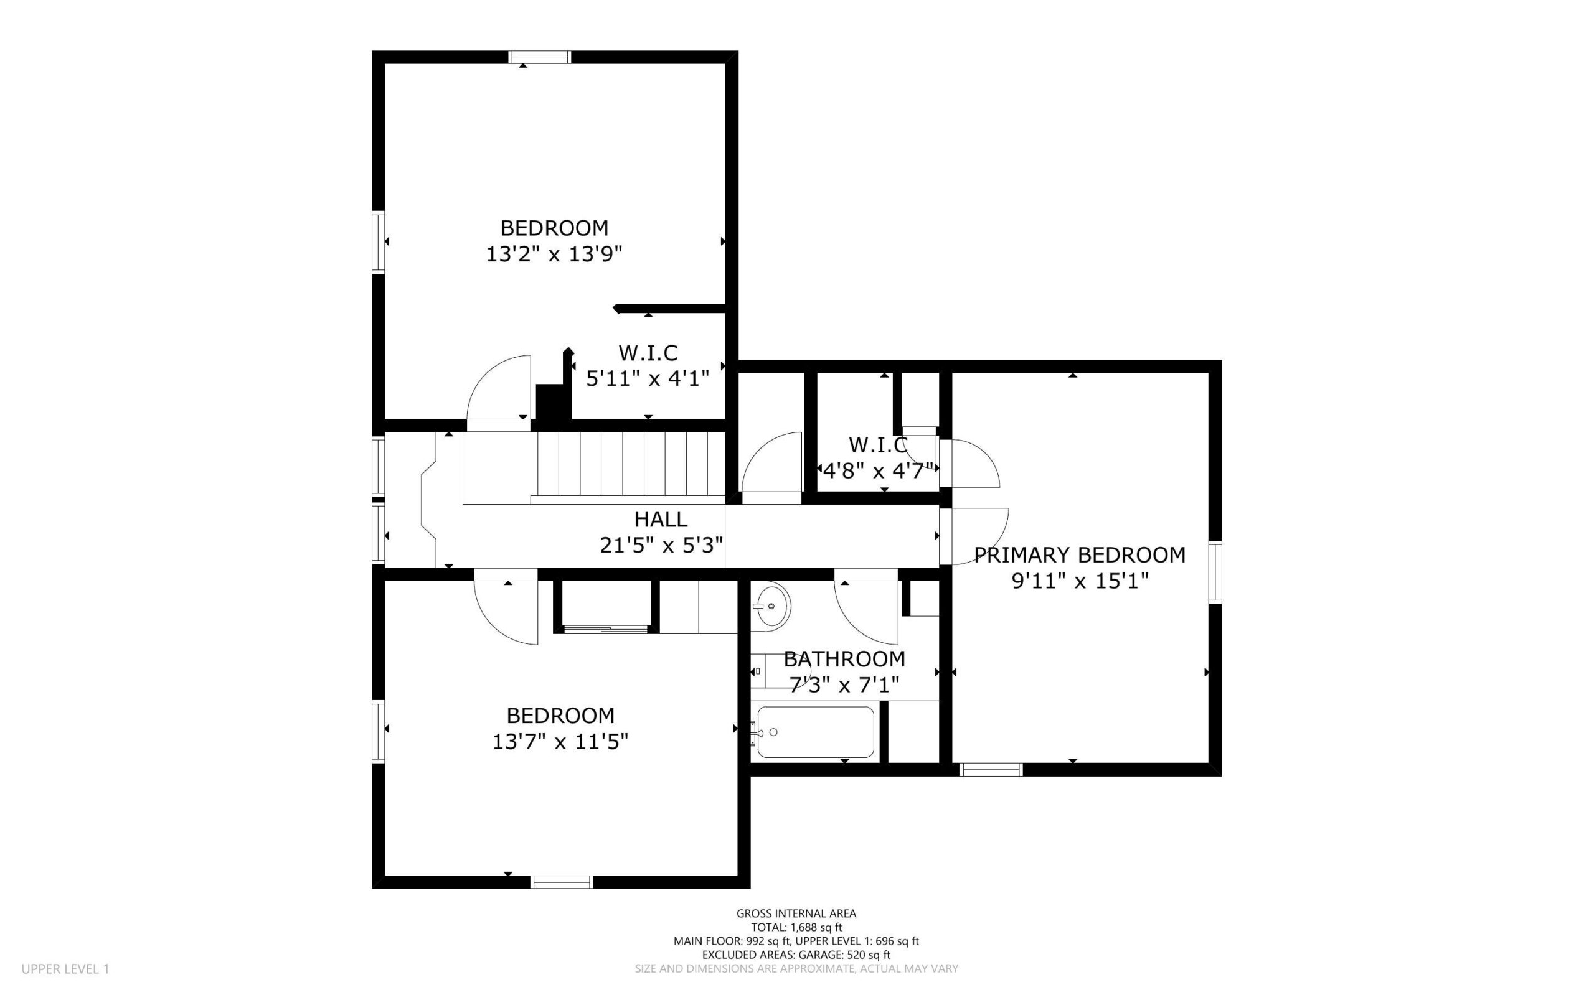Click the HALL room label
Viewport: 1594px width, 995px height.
point(661,519)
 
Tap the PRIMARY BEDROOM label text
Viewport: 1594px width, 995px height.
point(1080,556)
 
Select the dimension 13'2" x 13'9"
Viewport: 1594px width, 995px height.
point(554,254)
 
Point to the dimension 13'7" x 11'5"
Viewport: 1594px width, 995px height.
point(560,742)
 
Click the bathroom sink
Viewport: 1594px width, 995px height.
point(770,605)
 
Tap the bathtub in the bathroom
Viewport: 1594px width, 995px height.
point(815,732)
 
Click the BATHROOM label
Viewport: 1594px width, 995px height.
point(844,659)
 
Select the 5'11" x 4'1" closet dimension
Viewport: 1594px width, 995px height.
point(648,379)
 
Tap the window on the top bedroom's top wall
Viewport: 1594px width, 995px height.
point(540,57)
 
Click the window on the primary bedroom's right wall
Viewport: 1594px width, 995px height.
point(1215,572)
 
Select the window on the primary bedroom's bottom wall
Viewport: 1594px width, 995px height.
point(991,769)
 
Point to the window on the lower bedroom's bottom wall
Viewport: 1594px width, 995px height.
point(562,882)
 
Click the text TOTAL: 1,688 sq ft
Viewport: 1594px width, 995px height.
point(796,927)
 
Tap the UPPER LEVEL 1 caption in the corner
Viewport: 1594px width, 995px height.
point(65,969)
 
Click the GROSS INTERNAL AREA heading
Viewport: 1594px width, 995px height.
point(796,913)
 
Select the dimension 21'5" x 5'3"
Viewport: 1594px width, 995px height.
point(662,546)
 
